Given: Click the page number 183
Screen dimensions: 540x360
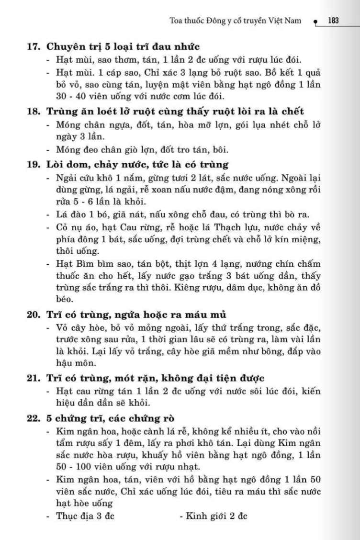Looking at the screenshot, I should click(x=334, y=21).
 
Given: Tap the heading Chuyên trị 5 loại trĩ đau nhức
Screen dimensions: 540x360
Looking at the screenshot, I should click(x=123, y=47).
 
